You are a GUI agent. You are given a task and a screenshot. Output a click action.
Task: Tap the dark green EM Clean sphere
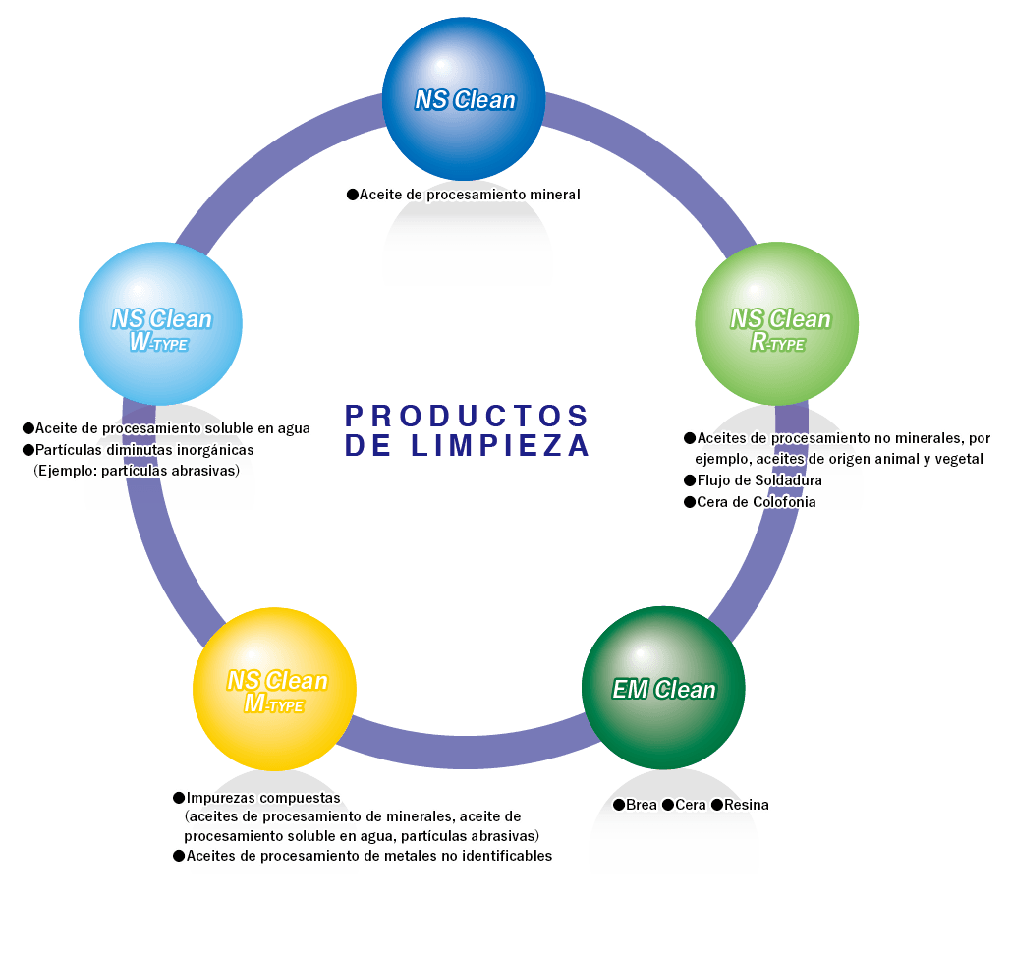[x=663, y=688]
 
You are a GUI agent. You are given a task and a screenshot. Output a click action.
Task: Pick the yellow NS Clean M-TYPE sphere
[x=274, y=688]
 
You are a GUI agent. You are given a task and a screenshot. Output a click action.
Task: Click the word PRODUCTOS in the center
[x=468, y=415]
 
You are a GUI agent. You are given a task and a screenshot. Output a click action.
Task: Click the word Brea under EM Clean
[x=642, y=805]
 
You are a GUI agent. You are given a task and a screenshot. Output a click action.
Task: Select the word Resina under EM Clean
[x=747, y=805]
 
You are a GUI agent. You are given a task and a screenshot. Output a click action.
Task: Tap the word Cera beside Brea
[x=691, y=805]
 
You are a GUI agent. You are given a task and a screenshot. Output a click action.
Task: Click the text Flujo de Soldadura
[x=758, y=480]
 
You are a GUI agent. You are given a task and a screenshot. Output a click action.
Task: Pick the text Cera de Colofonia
[x=756, y=502]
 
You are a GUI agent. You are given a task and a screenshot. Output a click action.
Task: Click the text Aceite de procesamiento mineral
[x=470, y=195]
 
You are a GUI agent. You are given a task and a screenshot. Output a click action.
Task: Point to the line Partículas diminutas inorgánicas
[x=144, y=450]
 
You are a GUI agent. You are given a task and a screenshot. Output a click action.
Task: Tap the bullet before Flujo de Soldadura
[x=689, y=480]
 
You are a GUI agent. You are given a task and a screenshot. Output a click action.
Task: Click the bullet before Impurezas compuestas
[x=178, y=797]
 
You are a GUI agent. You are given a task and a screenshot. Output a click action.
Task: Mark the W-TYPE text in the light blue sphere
[x=159, y=343]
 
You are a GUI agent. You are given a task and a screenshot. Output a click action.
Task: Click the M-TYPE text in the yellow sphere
[x=274, y=704]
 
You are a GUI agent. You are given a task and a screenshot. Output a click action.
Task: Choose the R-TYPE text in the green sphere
[x=778, y=343]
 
